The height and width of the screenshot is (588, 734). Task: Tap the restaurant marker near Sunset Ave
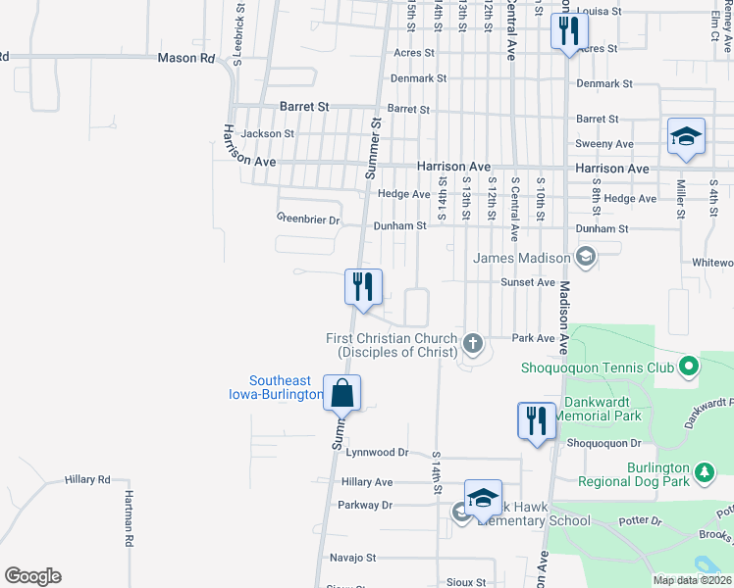point(363,287)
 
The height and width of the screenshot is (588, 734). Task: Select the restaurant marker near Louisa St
point(567,31)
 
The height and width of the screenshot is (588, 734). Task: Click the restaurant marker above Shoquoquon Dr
point(536,421)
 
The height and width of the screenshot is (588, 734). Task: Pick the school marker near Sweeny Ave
point(686,137)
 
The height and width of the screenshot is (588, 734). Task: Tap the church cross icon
point(473,343)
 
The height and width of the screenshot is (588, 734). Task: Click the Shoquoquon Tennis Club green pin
point(689,367)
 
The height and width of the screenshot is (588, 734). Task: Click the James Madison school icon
point(586,258)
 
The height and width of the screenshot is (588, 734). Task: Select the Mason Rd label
point(185,59)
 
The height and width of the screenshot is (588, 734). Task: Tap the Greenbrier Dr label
point(307,219)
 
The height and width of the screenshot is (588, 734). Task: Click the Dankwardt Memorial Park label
point(599,409)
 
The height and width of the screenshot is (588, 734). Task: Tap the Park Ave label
point(535,338)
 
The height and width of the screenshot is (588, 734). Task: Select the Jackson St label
point(268,133)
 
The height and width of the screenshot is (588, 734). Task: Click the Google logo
point(32,576)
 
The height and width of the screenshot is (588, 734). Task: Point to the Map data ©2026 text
point(692,580)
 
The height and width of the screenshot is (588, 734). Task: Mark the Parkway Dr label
point(365,506)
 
